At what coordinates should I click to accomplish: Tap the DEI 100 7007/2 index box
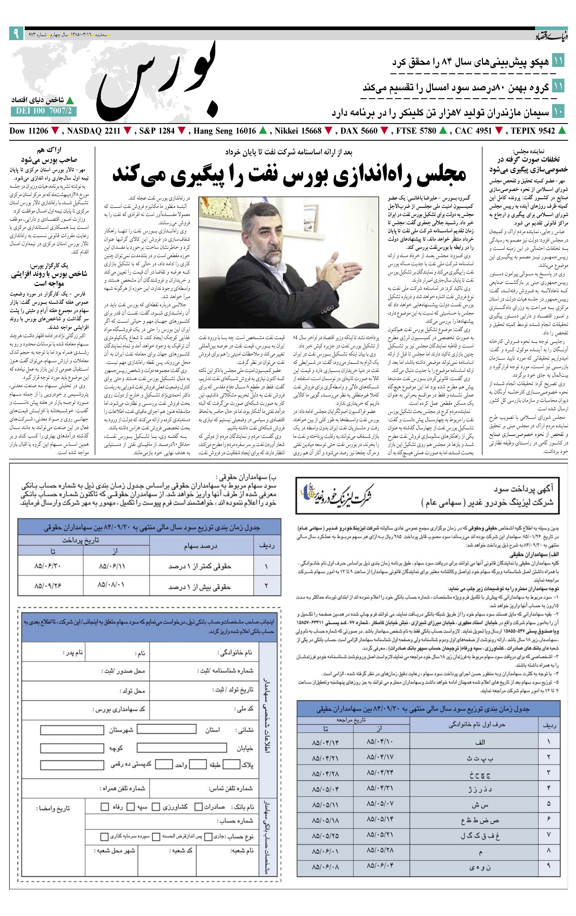coord(43,111)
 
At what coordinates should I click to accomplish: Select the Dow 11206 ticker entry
coord(29,131)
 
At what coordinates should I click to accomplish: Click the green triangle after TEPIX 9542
coord(562,131)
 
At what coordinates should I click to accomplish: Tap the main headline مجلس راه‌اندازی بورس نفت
coord(289,175)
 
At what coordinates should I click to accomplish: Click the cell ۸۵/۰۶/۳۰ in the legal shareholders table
coord(48,566)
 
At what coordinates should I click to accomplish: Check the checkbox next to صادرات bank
coord(198,806)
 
